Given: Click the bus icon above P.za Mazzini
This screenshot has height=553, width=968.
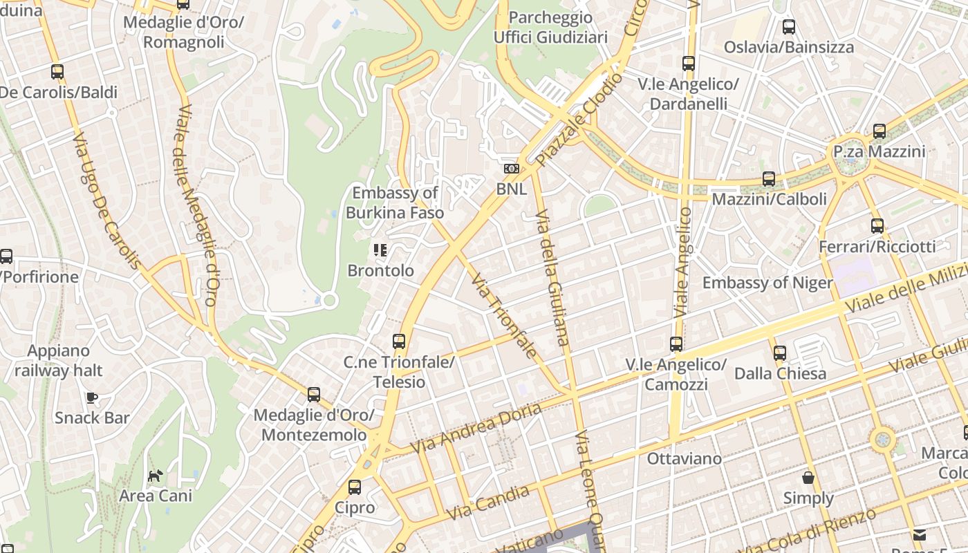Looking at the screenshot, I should tap(879, 131).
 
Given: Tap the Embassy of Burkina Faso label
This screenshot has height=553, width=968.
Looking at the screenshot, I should tap(394, 203).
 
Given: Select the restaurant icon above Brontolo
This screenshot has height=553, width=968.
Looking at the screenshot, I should tap(380, 250).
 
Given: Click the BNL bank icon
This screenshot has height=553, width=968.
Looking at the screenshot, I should tap(511, 169).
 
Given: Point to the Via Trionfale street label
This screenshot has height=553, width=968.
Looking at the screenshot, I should tap(503, 315).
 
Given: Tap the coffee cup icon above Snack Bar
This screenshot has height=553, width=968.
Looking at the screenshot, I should tap(92, 397).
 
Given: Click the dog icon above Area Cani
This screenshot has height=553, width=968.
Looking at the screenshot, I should tap(156, 476).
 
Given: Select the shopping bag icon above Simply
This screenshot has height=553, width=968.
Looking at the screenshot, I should tap(808, 478).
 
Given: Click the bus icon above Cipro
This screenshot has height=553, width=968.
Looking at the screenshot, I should tap(355, 487).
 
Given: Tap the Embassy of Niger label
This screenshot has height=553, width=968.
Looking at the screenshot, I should tap(767, 283).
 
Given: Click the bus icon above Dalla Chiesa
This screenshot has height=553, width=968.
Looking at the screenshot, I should tap(780, 353).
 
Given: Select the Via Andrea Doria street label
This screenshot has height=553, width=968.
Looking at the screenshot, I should tap(477, 429).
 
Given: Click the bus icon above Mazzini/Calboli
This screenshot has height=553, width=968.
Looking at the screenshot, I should tap(769, 179).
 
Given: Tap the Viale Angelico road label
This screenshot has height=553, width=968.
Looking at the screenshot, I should tap(681, 263).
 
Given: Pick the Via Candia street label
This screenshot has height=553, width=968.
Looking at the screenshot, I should tap(488, 503).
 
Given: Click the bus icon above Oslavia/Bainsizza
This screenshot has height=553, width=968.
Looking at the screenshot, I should tap(788, 27).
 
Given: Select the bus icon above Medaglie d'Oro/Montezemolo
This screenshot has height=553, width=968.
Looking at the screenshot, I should tap(314, 395).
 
